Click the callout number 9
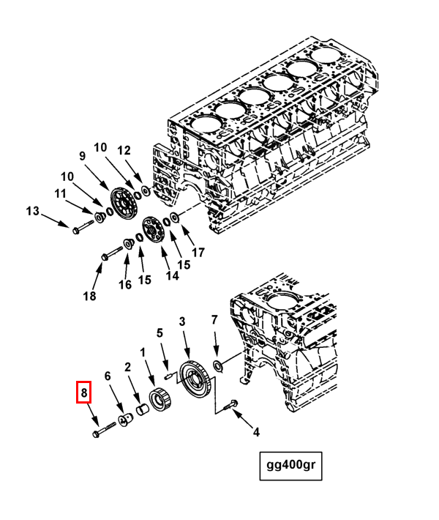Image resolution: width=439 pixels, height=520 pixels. tap(83, 156)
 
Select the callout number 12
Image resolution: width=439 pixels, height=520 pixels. tap(124, 150)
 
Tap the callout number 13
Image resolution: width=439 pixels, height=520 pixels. tap(32, 212)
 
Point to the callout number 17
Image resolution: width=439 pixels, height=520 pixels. tap(198, 253)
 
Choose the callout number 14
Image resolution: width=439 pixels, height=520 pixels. tap(172, 275)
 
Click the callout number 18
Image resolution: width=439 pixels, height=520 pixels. tap(90, 296)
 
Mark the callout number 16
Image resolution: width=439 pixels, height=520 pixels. tap(125, 284)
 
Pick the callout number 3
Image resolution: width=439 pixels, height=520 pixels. tap(183, 322)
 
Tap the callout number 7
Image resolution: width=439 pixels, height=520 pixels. tap(214, 320)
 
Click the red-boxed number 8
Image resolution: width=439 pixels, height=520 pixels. tap(84, 393)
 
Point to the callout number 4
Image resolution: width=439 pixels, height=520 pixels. tap(256, 432)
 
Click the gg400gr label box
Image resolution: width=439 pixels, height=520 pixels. tap(291, 466)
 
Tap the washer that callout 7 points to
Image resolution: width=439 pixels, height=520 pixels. tap(218, 364)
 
